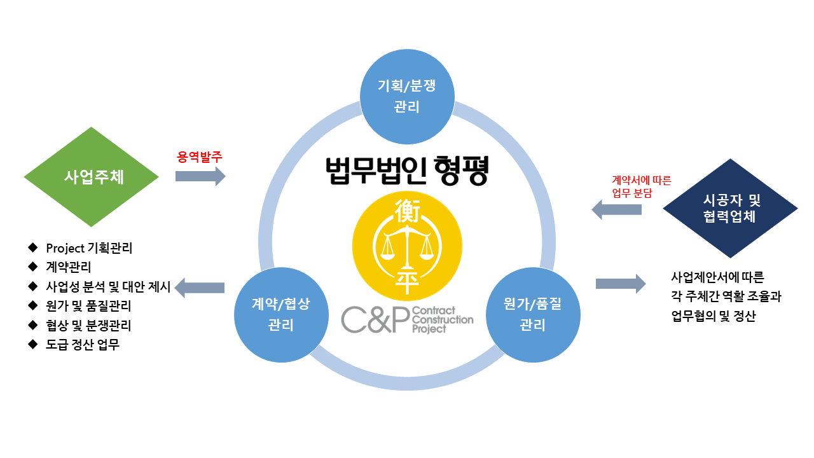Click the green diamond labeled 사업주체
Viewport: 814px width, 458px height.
click(91, 177)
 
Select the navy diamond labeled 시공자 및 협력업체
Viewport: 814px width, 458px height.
click(730, 208)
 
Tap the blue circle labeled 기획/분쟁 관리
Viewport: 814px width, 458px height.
click(407, 96)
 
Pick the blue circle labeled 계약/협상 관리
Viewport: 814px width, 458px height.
click(281, 315)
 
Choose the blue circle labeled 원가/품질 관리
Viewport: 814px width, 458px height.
click(533, 315)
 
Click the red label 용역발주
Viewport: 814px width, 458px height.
click(199, 157)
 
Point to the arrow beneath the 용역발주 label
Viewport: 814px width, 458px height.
click(200, 176)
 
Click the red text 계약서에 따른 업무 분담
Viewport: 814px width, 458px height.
click(642, 186)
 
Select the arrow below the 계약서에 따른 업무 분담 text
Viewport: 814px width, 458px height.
click(617, 209)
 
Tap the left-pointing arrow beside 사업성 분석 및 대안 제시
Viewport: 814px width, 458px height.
click(200, 288)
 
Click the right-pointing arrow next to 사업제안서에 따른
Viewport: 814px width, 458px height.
click(621, 284)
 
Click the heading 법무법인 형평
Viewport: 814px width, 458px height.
click(407, 171)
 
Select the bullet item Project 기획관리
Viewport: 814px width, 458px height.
click(89, 248)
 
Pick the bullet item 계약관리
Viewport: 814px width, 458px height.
click(68, 267)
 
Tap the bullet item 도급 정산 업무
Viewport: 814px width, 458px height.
click(83, 345)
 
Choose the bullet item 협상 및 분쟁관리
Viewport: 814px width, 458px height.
click(88, 325)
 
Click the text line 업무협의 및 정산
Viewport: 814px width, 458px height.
click(714, 316)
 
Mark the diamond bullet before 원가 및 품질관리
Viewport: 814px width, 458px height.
click(32, 305)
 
